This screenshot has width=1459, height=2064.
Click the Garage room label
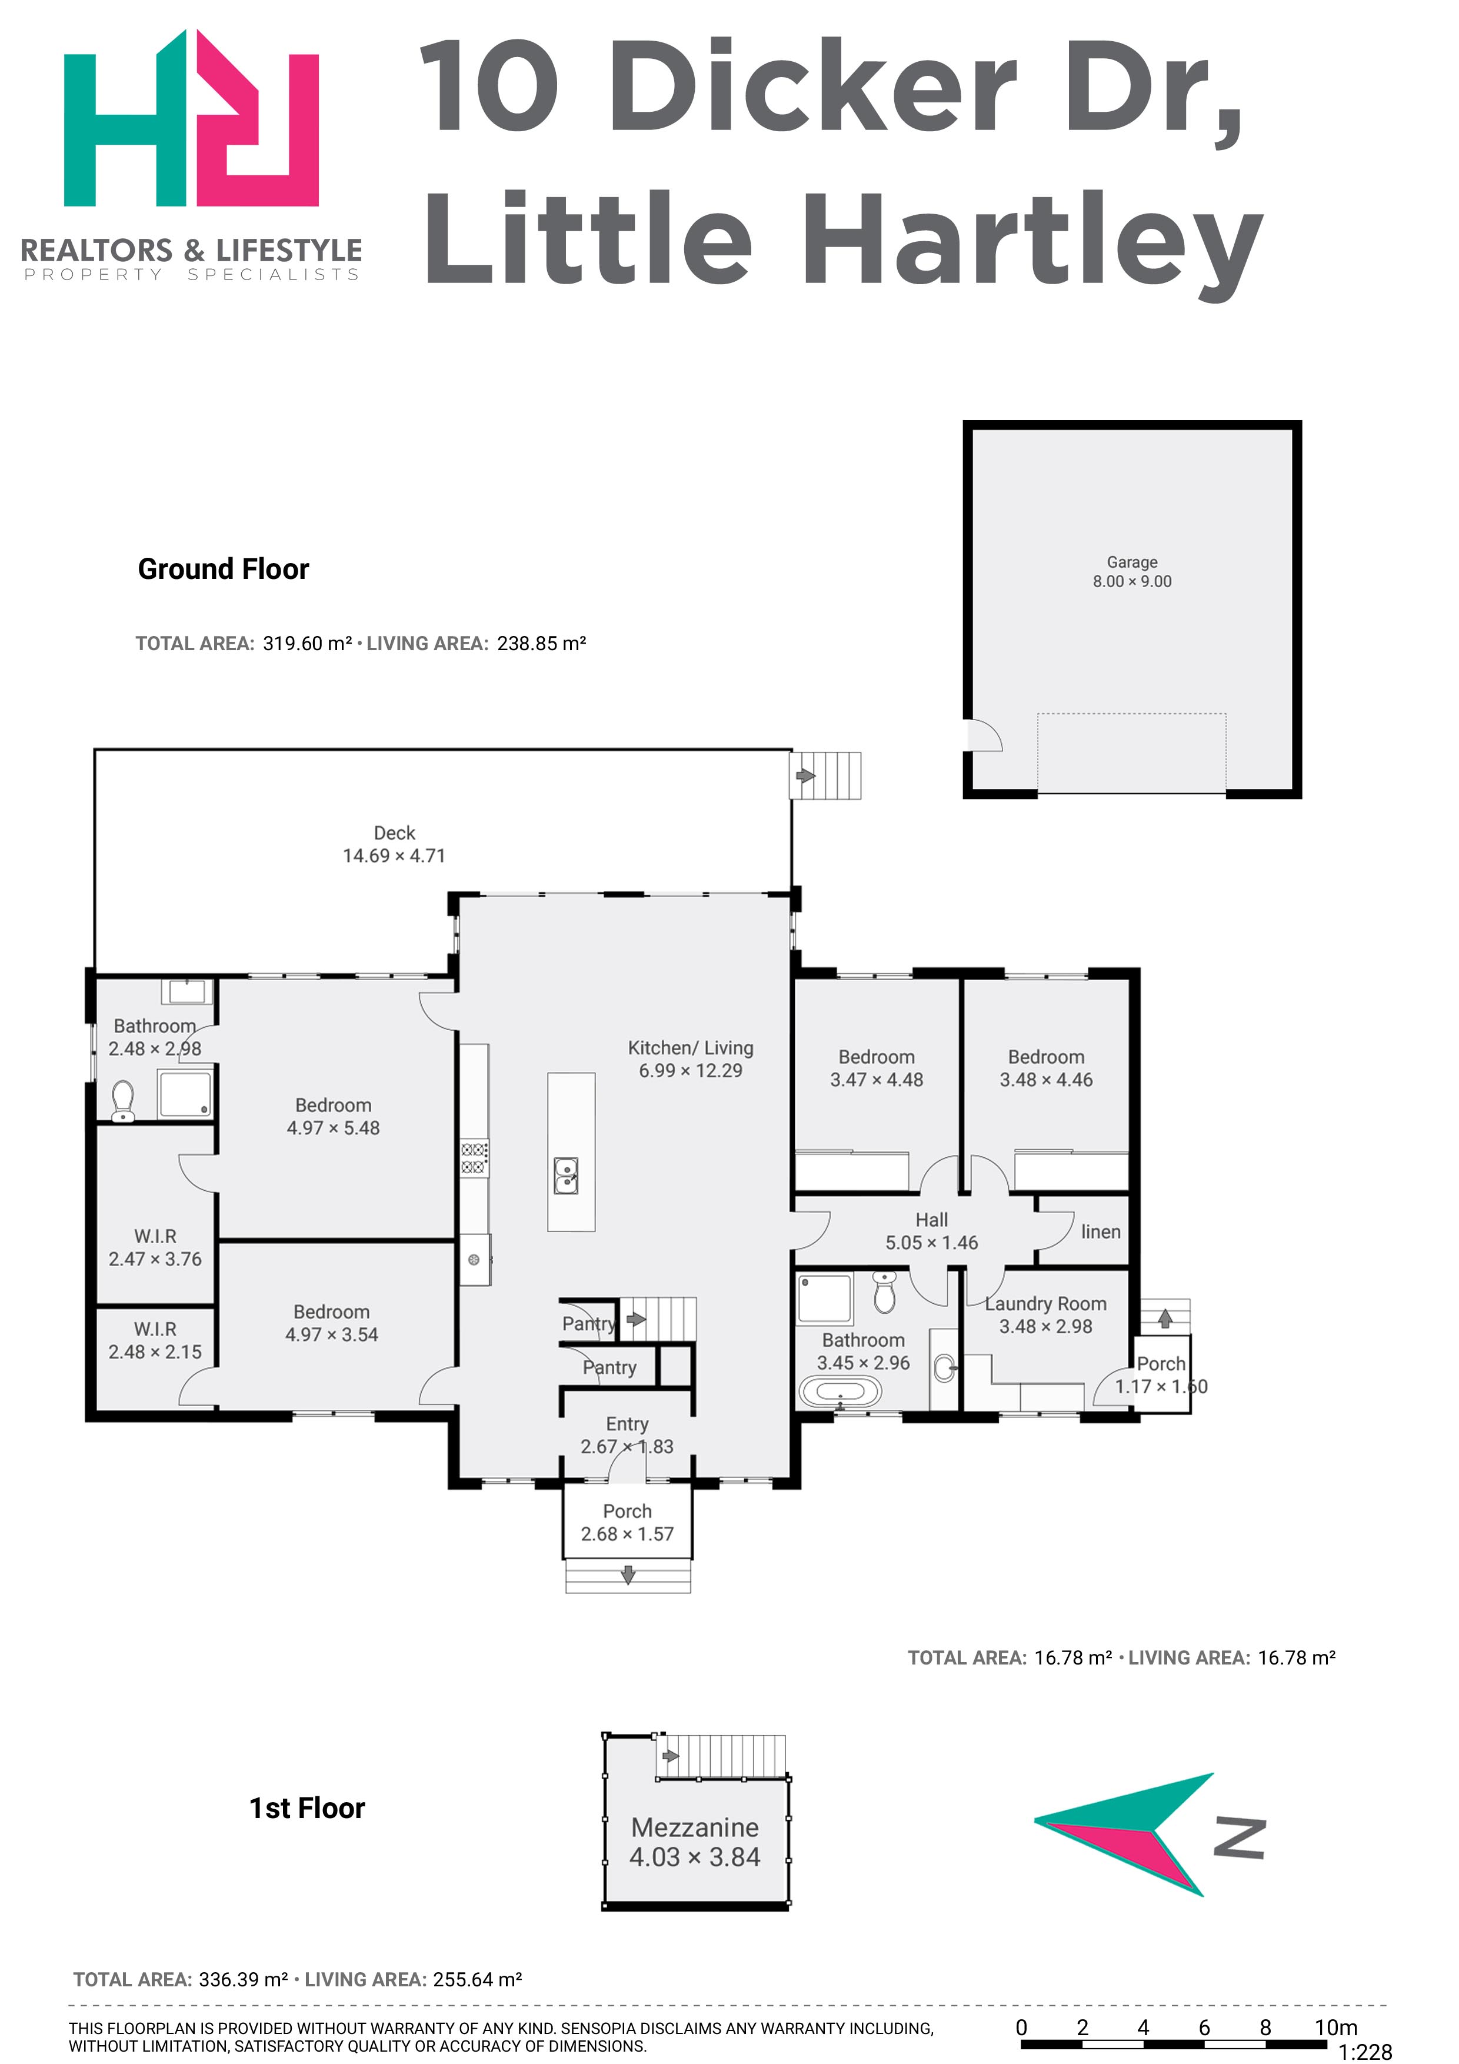click(x=1132, y=562)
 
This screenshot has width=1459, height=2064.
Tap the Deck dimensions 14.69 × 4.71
click(x=394, y=856)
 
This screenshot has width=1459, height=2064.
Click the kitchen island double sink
click(x=565, y=1176)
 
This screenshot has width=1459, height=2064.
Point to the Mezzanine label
click(x=695, y=1827)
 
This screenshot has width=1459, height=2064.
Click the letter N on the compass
click(x=1240, y=1839)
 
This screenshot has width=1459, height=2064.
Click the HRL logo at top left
click(x=191, y=118)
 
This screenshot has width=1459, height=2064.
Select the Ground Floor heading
click(x=223, y=569)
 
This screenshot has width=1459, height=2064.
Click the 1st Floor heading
click(x=308, y=1808)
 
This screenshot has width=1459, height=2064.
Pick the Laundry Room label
click(x=1045, y=1303)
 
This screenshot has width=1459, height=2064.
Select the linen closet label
click(x=1101, y=1231)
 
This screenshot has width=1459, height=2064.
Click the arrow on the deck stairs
click(x=805, y=775)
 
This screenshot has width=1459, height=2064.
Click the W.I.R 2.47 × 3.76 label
click(x=155, y=1248)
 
